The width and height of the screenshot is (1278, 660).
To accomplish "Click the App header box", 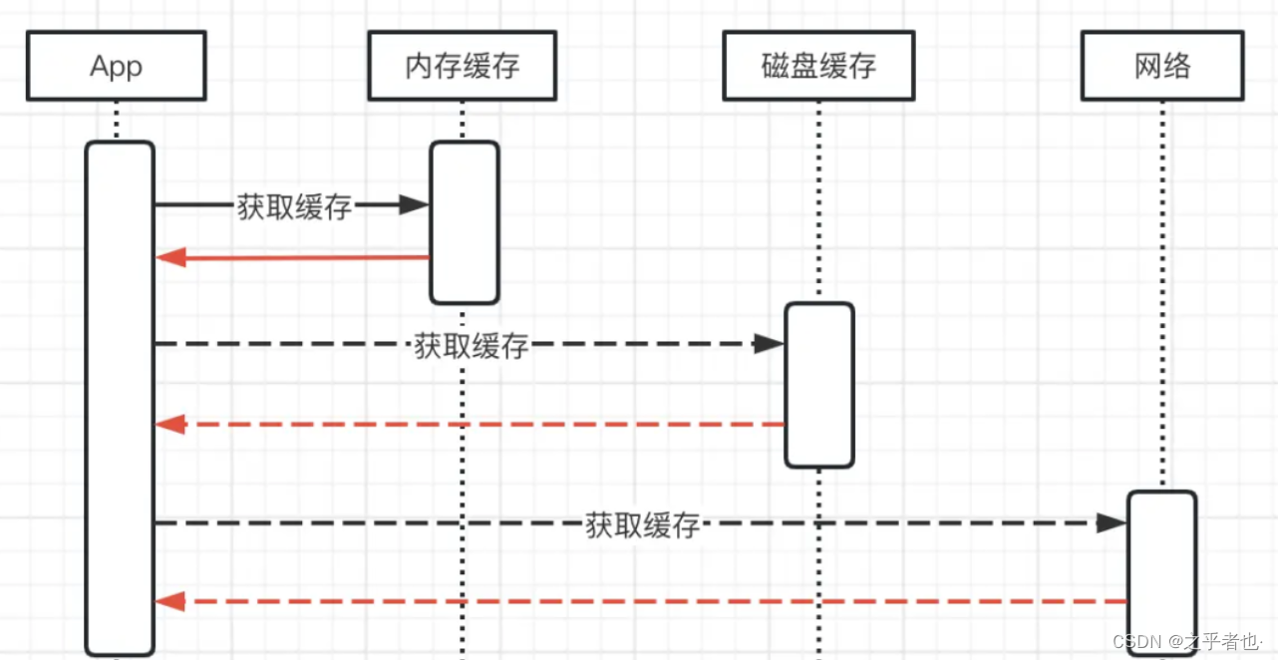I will point(116,66).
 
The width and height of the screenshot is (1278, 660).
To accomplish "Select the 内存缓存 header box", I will point(463,66).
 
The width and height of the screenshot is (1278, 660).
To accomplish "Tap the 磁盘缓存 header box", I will point(817,66).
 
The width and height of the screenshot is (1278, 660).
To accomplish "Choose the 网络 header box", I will point(1161,66).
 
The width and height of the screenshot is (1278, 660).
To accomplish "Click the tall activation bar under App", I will point(120,399).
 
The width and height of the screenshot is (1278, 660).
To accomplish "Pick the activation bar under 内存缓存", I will point(464,221).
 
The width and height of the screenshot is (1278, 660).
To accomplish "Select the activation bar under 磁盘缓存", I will point(818,385).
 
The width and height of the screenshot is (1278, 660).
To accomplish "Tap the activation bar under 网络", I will point(1161,572).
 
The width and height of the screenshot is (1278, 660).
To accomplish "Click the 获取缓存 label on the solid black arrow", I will point(295,206).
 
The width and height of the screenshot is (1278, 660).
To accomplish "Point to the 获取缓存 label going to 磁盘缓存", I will point(471,346).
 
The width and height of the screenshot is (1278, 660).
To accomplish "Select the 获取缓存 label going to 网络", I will point(642,524).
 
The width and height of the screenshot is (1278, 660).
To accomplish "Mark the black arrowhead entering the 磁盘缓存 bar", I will point(769,344).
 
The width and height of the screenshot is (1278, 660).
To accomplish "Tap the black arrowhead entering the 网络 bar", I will point(1112,522).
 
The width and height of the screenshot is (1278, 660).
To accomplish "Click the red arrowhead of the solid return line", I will point(170,258).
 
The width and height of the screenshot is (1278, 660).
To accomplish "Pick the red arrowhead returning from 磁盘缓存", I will point(170,425).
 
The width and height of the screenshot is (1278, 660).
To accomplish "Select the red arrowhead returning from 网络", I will point(170,601).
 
